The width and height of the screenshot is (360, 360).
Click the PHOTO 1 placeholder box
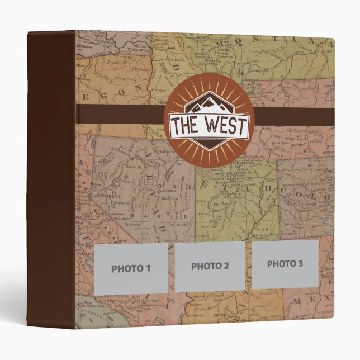click(x=131, y=268)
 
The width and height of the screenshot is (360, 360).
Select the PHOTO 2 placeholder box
click(x=210, y=267)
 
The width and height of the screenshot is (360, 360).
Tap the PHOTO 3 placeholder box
click(x=285, y=264)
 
